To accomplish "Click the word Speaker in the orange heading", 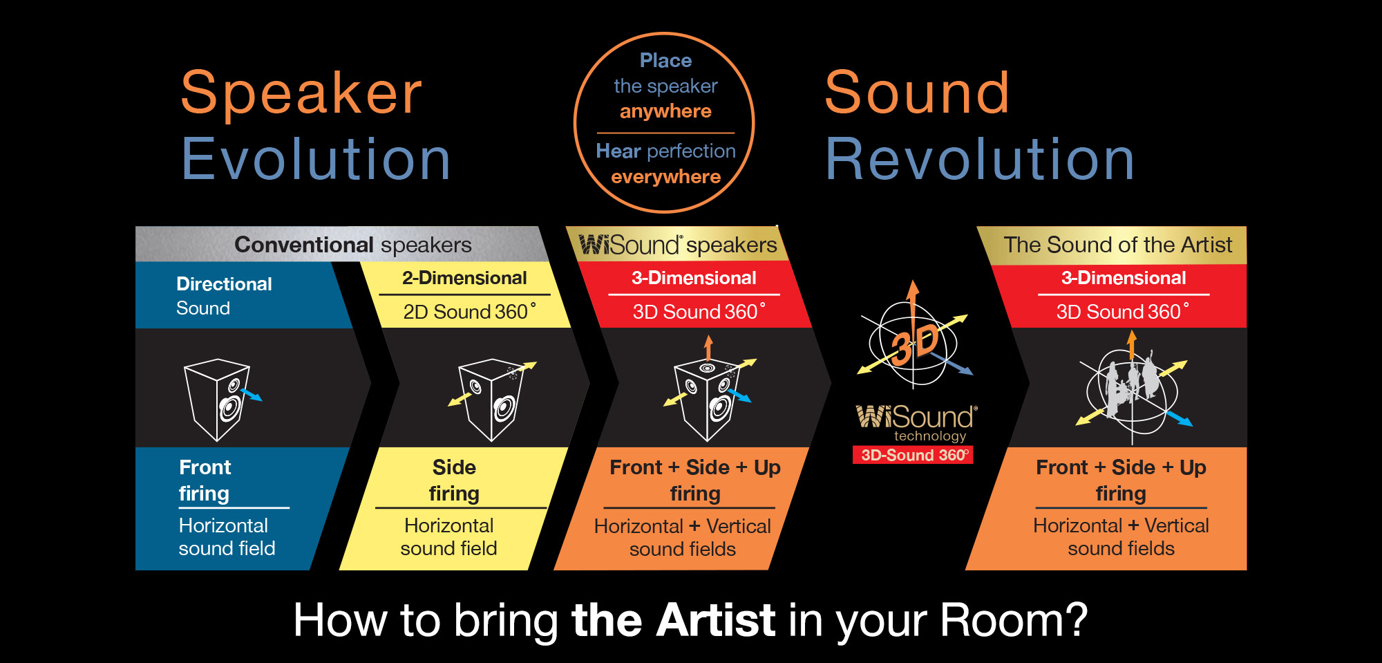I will tap(301, 93).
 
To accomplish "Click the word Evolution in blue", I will tap(316, 160).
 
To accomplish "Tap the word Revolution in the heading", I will tap(980, 160).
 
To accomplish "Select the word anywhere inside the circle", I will tap(665, 111).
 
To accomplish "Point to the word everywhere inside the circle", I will tap(665, 177).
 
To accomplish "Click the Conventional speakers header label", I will tap(352, 245).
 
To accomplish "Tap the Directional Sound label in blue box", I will tap(224, 296).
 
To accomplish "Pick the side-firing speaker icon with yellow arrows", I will tap(492, 399).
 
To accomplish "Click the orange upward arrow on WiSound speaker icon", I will tap(708, 346).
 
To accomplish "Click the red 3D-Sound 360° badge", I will tap(913, 455).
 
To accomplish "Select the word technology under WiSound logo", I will tap(930, 436).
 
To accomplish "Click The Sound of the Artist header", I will tap(1117, 245).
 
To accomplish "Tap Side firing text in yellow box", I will tap(454, 480).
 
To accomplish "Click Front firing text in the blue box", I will tap(205, 480).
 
